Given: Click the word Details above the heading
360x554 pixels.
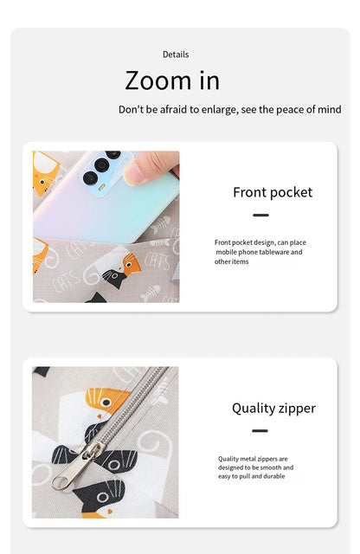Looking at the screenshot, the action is [x=176, y=55].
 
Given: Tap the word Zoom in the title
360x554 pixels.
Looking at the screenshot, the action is [x=157, y=81].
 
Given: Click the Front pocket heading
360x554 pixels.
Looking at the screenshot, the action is [x=273, y=192].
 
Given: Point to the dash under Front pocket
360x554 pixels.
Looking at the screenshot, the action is [x=260, y=215].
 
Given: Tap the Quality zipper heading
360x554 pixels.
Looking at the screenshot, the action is [x=273, y=409].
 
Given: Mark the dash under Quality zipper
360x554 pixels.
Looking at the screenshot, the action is [x=260, y=431].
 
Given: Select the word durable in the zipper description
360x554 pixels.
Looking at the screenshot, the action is [x=274, y=476].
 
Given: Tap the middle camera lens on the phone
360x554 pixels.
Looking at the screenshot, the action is [x=102, y=165].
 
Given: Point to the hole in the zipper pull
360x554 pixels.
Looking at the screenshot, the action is [x=61, y=482].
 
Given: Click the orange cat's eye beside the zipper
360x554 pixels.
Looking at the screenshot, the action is [x=106, y=403].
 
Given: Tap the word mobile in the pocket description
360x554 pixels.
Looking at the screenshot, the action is [x=226, y=252].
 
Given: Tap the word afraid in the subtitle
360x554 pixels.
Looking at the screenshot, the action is [x=175, y=110].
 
